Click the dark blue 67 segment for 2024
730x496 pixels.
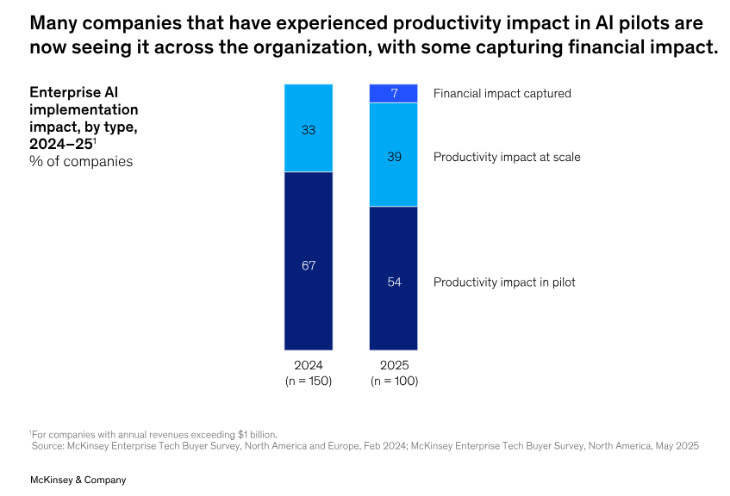tap(309, 261)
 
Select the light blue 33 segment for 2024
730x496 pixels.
tap(309, 128)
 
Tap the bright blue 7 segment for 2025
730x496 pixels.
tap(394, 93)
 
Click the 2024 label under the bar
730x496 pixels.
tap(309, 365)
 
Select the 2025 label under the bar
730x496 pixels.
tap(394, 365)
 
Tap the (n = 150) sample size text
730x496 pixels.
tap(309, 380)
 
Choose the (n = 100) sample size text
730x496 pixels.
tap(394, 380)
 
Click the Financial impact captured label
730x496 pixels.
tap(502, 93)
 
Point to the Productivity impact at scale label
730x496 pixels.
tap(507, 157)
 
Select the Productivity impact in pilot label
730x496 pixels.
tap(504, 282)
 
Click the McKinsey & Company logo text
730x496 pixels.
tap(78, 480)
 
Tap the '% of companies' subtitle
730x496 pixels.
tap(81, 160)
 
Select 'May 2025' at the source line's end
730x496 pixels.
tap(675, 445)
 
